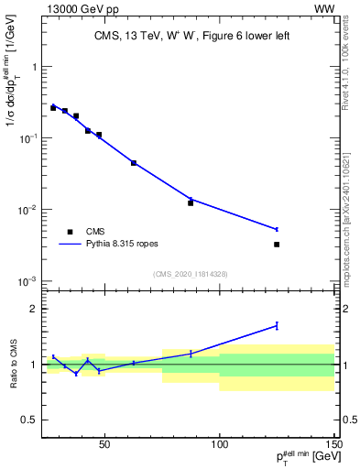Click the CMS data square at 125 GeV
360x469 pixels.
click(277, 245)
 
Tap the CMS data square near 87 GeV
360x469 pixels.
click(191, 202)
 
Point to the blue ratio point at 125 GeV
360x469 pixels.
click(277, 325)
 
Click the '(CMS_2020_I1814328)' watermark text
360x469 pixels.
click(190, 274)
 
